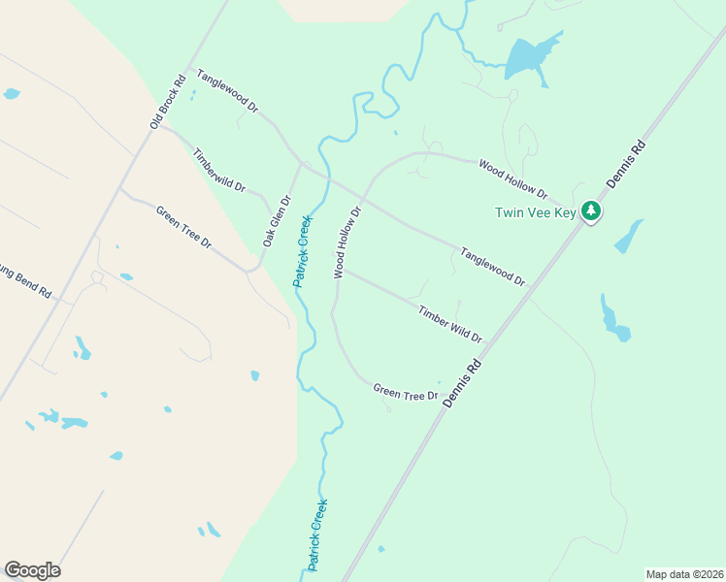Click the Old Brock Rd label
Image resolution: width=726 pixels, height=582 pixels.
click(167, 103)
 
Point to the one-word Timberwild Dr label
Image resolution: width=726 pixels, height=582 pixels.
click(219, 170)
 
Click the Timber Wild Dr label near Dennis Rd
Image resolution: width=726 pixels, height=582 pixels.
click(450, 324)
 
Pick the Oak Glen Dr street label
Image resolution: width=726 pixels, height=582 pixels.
click(277, 221)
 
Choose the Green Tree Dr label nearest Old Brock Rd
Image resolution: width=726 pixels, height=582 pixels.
click(184, 226)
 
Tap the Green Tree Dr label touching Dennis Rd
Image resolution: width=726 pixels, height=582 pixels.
click(407, 393)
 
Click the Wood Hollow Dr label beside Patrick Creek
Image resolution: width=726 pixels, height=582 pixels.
click(347, 242)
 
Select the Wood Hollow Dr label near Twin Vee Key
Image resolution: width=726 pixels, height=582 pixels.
click(512, 178)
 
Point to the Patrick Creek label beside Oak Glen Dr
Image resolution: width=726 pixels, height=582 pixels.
click(302, 250)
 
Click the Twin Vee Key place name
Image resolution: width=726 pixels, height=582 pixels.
click(535, 212)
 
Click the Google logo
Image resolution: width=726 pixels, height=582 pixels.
click(32, 570)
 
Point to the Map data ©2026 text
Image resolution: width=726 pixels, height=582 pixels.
click(684, 573)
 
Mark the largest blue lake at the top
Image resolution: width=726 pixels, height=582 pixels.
click(528, 60)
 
